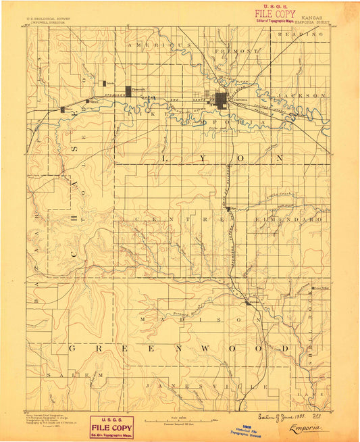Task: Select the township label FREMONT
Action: tap(236, 51)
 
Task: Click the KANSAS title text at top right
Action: tap(311, 12)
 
